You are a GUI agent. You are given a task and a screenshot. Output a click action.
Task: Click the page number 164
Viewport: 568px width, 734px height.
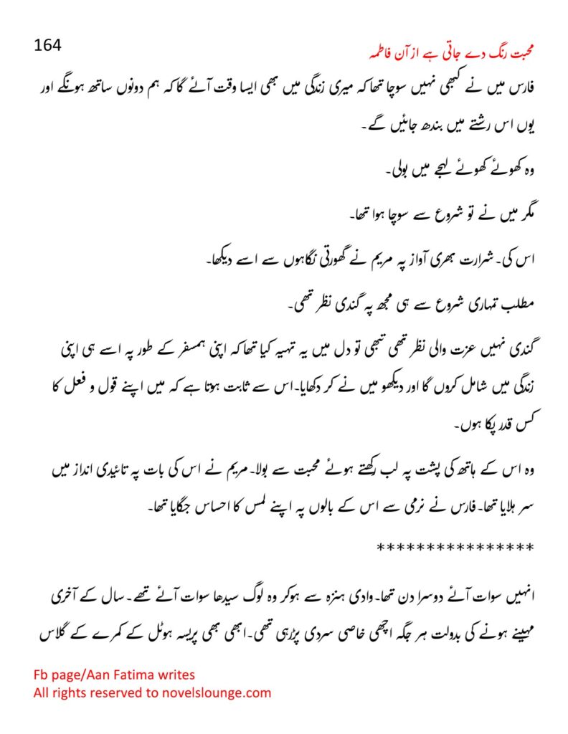(48, 44)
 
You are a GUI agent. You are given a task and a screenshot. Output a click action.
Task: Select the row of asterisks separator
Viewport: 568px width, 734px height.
(455, 548)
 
